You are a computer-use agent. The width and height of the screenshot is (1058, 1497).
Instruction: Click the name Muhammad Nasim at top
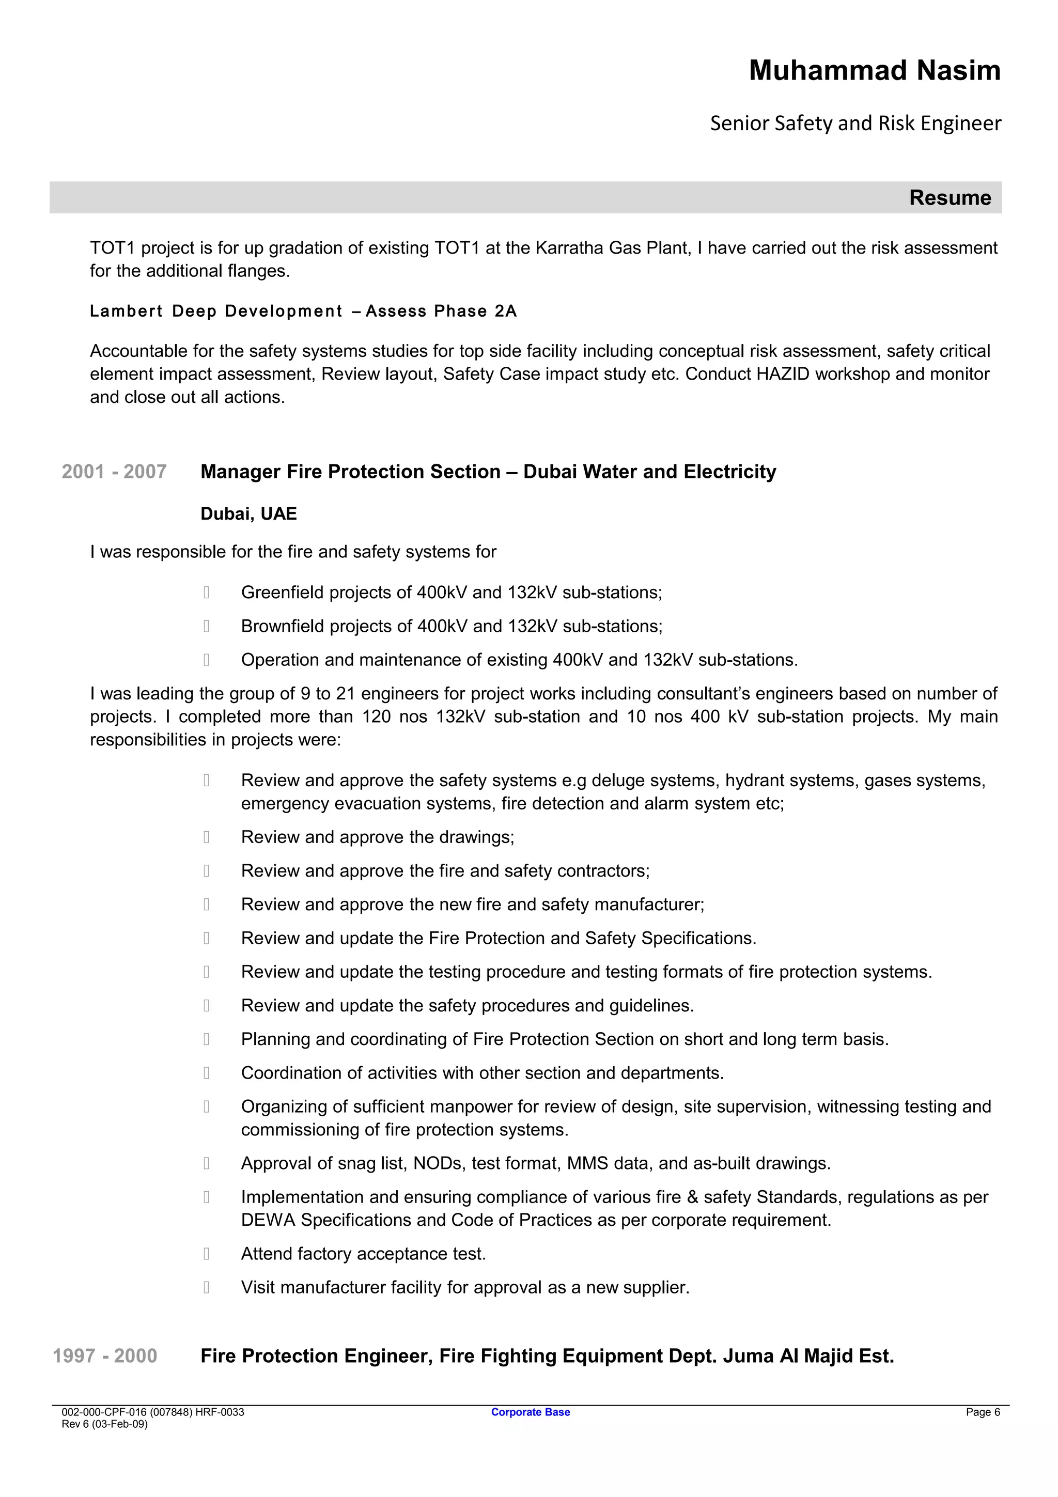click(x=874, y=70)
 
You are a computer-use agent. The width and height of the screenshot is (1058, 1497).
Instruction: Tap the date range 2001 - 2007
click(x=114, y=472)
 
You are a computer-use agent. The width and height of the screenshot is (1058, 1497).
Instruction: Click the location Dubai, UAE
click(x=248, y=514)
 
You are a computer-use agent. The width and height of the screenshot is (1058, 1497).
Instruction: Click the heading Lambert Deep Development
click(x=216, y=311)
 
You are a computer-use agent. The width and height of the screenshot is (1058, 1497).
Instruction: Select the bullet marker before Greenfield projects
click(x=206, y=592)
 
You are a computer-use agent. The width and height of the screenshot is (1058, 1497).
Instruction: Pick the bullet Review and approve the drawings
click(x=378, y=837)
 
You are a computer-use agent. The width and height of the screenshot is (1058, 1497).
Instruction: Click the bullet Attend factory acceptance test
click(x=363, y=1254)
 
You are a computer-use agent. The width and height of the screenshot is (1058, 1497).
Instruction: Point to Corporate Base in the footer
click(x=530, y=1412)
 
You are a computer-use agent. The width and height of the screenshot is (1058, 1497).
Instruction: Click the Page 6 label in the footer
click(x=983, y=1412)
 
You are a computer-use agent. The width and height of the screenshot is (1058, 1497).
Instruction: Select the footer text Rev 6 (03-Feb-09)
click(x=104, y=1424)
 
